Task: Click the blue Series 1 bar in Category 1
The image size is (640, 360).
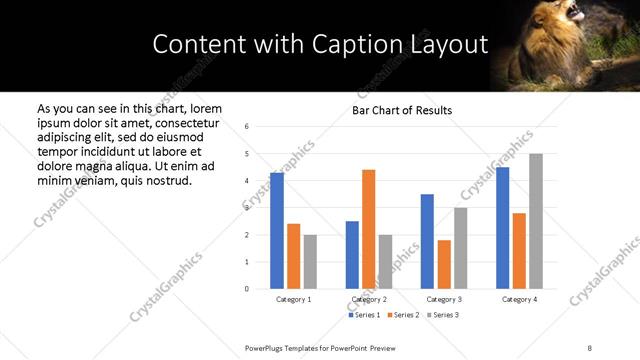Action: (x=277, y=231)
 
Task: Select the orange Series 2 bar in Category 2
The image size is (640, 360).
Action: (x=368, y=229)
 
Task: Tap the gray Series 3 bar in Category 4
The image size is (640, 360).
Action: (x=536, y=221)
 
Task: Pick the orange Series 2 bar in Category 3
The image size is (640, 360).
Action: (x=444, y=264)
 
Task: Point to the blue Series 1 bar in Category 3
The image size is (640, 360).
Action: (x=427, y=241)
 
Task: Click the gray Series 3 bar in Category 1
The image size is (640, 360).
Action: (x=310, y=262)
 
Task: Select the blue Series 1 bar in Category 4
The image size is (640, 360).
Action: (x=502, y=228)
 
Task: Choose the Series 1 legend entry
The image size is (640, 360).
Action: (x=363, y=315)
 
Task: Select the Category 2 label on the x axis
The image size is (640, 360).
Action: (x=369, y=299)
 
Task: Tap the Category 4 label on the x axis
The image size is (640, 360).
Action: (x=519, y=299)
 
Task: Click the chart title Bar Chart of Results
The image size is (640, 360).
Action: (x=402, y=110)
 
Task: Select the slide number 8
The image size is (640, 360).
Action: (x=589, y=347)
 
